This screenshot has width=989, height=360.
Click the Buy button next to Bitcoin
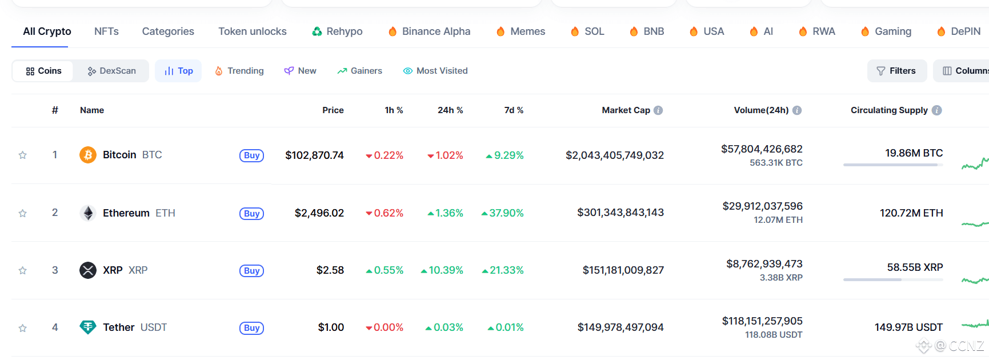pyautogui.click(x=251, y=155)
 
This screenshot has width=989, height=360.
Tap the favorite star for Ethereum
pyautogui.click(x=23, y=213)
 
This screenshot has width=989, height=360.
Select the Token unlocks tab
pyautogui.click(x=252, y=31)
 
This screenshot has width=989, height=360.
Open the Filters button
pyautogui.click(x=896, y=71)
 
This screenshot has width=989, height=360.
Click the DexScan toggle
pyautogui.click(x=111, y=71)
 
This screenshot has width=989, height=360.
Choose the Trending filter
pyautogui.click(x=239, y=71)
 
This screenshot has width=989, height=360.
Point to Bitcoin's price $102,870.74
pyautogui.click(x=314, y=155)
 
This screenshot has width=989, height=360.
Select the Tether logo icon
pyautogui.click(x=87, y=327)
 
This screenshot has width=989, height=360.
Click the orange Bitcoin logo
pyautogui.click(x=87, y=155)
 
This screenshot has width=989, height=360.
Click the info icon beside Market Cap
pyautogui.click(x=658, y=110)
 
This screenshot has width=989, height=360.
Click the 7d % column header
pyautogui.click(x=514, y=110)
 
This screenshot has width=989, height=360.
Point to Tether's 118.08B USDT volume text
pyautogui.click(x=773, y=335)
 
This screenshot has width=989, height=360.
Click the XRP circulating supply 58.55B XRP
pyautogui.click(x=915, y=267)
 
